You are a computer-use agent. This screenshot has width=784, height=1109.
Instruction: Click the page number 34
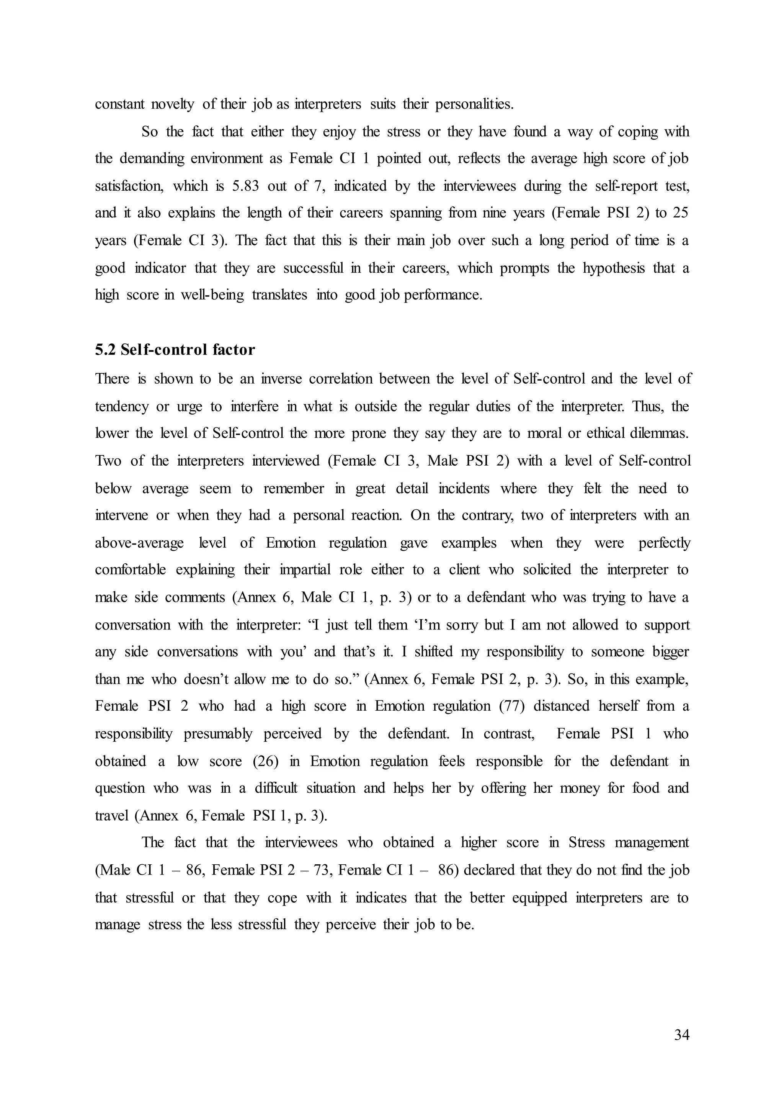coord(681,1035)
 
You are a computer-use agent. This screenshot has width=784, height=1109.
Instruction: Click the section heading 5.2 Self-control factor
coord(175,350)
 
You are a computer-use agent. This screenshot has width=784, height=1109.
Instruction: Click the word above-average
coord(139,543)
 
